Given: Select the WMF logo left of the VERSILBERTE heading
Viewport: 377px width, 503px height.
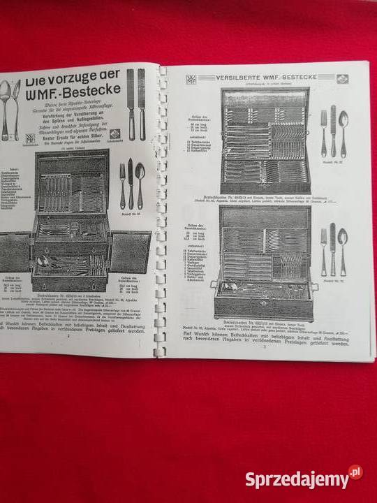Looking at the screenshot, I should pos(191,80).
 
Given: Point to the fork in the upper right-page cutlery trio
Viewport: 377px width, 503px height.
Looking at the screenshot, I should pos(323,133).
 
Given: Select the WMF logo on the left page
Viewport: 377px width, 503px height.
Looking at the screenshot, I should pos(31,137).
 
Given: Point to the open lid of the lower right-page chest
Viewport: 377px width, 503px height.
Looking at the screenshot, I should pos(265,230).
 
